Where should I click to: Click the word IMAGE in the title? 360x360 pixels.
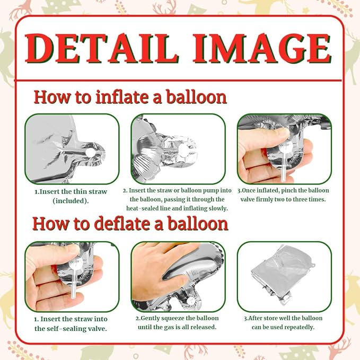[x=262, y=48]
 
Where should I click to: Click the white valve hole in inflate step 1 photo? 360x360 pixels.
[x=90, y=153]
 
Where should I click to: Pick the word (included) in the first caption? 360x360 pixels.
[x=71, y=201]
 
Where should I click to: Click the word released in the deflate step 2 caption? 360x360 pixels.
[x=202, y=327]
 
